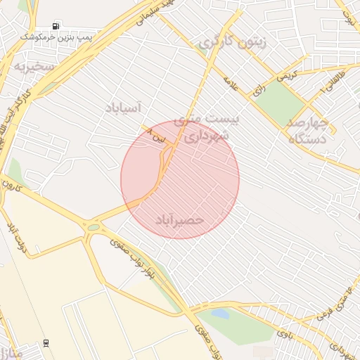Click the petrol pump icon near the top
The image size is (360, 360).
point(56,26)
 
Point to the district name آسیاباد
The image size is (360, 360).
point(123,108)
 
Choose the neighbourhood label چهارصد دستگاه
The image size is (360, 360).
point(307,129)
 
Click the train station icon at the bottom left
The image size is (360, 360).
point(46,343)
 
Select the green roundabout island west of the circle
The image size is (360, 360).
point(93,227)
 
